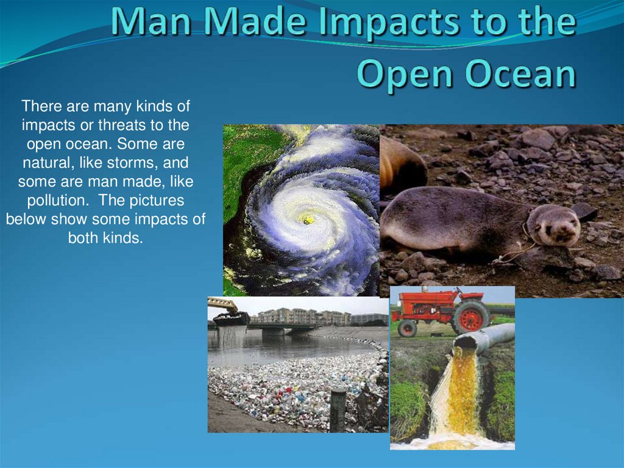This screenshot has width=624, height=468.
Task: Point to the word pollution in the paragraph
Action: pos(51,201)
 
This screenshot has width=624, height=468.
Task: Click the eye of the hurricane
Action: pos(307,218)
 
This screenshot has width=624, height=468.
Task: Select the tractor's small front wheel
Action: pos(407,328)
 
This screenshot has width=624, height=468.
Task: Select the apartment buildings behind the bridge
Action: pos(305,317)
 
